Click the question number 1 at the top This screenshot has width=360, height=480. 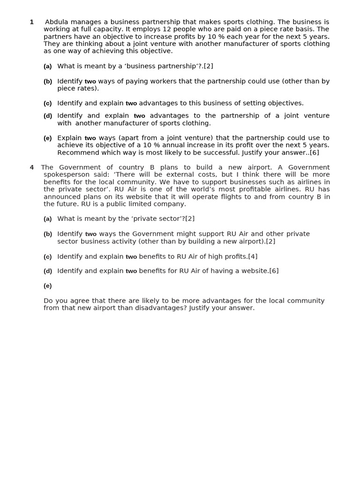(32, 22)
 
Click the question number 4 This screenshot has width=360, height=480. (32, 167)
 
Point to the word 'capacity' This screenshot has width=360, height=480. (103, 29)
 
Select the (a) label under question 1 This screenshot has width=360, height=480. (47, 67)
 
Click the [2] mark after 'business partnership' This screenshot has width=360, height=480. (209, 66)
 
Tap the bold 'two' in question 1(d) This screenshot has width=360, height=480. (139, 116)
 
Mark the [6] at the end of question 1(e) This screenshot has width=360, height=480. (314, 152)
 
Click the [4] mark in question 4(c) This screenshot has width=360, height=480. (253, 256)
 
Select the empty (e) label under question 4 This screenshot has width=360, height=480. (47, 286)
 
